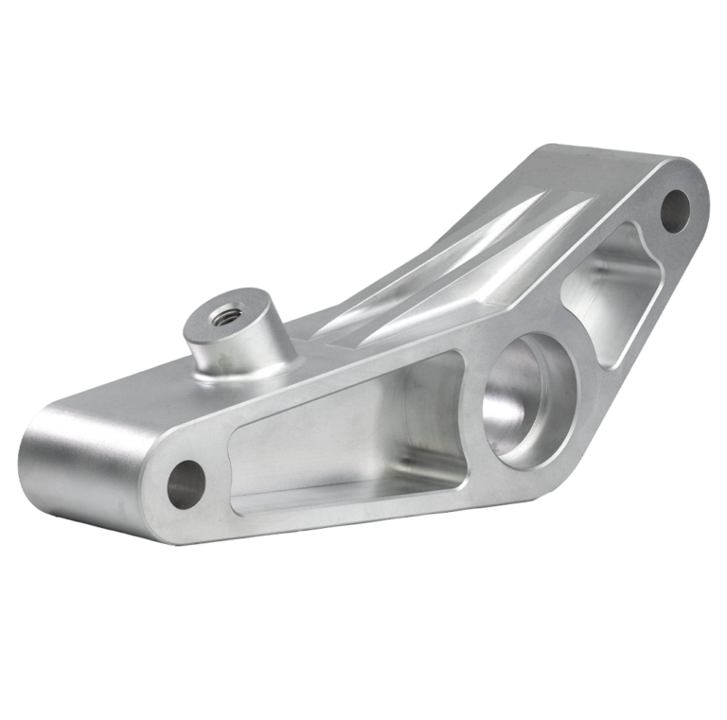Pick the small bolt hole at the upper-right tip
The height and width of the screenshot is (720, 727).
675,209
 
